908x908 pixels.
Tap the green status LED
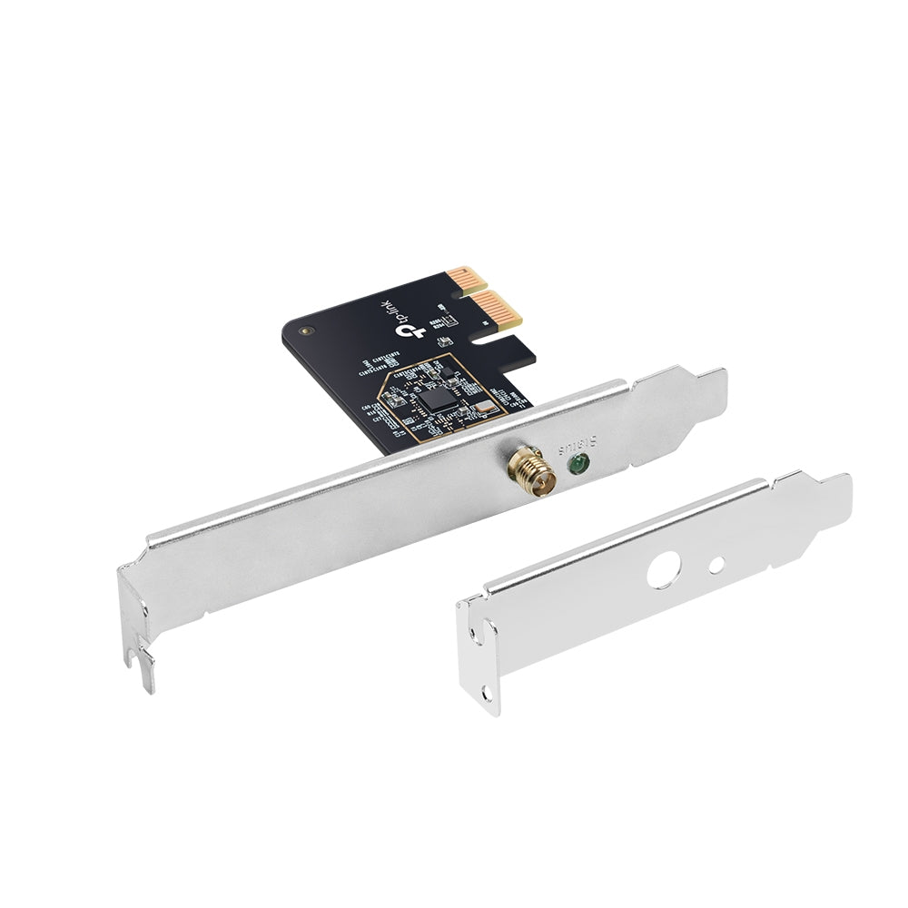coord(575,466)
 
